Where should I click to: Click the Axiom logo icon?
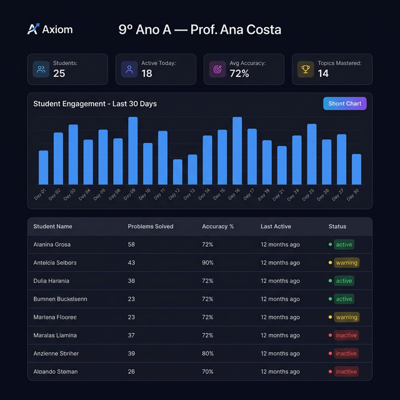coord(33,29)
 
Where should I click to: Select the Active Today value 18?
coord(147,74)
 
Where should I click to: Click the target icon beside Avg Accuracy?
coord(217,69)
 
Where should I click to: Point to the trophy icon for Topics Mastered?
coord(306,69)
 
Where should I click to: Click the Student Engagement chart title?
coord(95,104)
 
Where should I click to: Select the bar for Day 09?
coord(132,151)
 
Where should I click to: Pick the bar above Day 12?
coord(177,172)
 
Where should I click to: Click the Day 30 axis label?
coord(354,194)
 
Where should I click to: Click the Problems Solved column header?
coord(151,226)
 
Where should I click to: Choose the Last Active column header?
coord(276,226)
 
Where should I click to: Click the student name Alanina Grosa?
coord(52,244)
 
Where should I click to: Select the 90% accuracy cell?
coord(207,262)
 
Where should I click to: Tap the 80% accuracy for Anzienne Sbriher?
coord(207,353)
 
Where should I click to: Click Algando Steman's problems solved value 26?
coord(132,371)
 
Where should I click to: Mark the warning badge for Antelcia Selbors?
coord(346,262)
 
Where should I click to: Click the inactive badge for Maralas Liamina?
coord(346,335)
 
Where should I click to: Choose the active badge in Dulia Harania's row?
coord(344,281)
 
